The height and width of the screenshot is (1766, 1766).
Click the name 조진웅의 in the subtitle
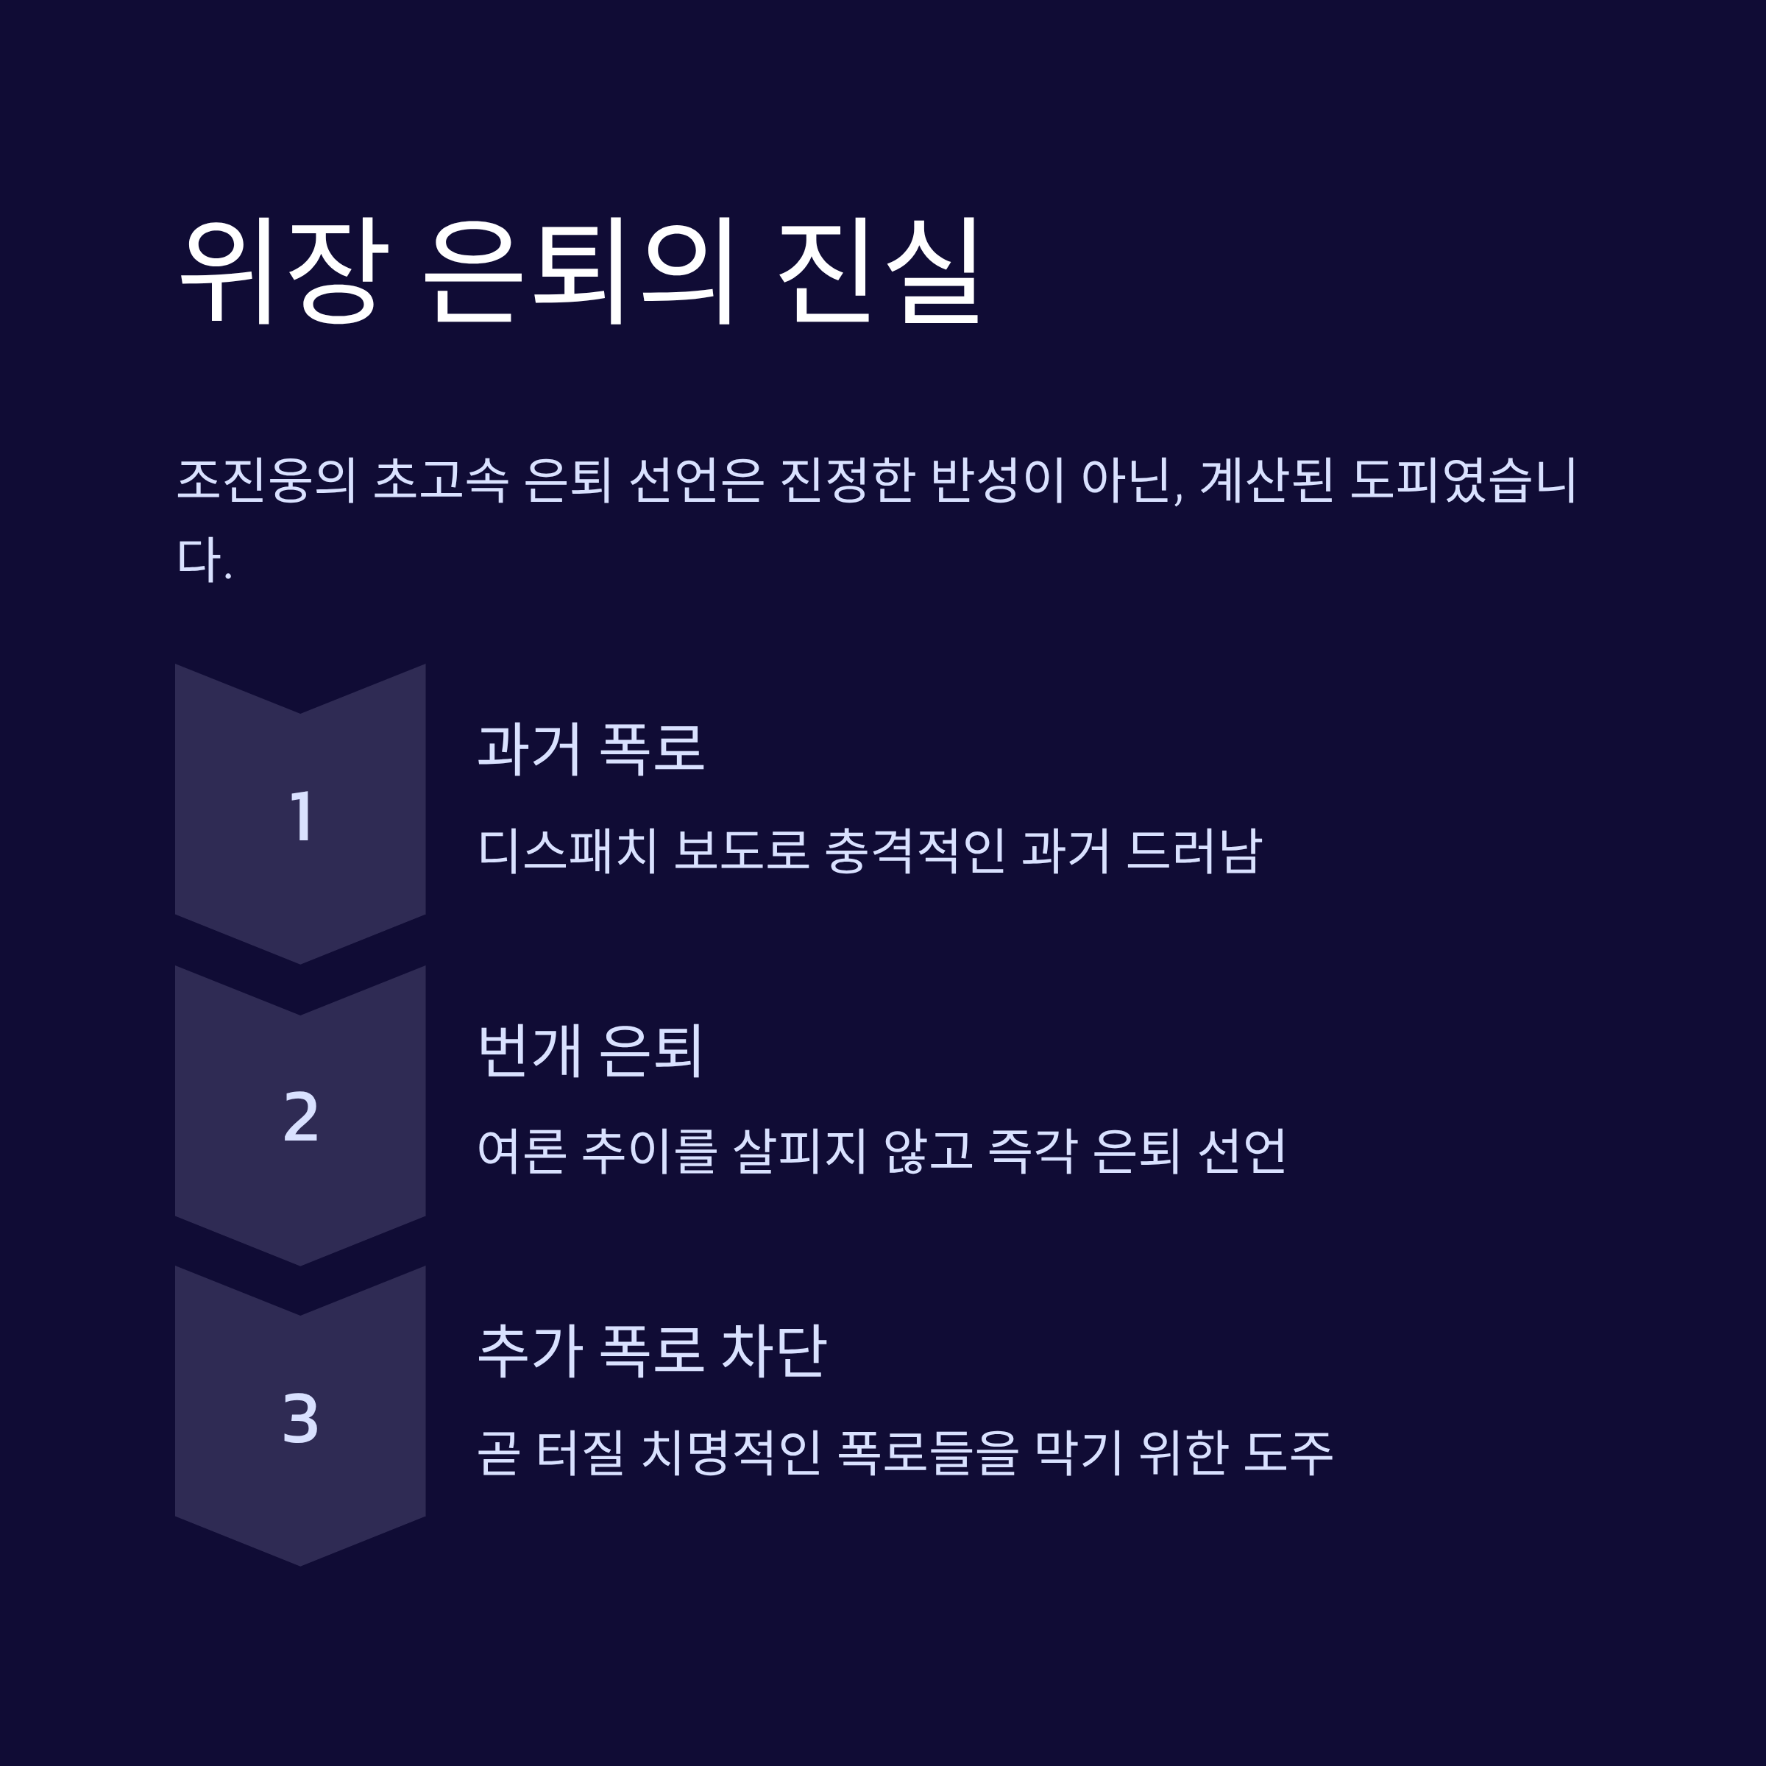click(266, 480)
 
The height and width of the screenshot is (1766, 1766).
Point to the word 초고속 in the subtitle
click(441, 480)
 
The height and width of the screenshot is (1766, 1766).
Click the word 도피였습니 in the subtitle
click(1463, 480)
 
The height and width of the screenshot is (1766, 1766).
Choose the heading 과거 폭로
click(590, 750)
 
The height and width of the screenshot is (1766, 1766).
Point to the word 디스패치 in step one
click(567, 850)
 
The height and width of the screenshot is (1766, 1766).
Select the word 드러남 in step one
click(1194, 850)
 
